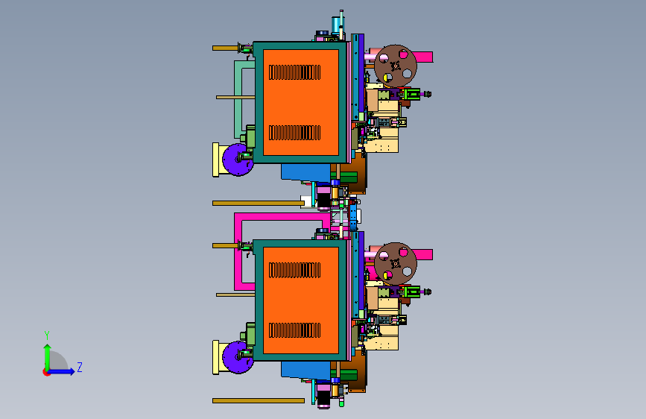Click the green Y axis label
[x=47, y=335]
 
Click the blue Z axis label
[x=80, y=367]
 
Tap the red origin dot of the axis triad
[x=46, y=372]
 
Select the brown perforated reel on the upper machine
[x=395, y=66]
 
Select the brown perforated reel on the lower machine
[x=395, y=263]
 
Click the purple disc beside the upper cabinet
[x=236, y=160]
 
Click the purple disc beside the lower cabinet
[x=236, y=357]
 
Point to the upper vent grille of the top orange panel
[x=294, y=72]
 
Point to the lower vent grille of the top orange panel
[x=294, y=133]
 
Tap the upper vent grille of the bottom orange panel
[x=294, y=270]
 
